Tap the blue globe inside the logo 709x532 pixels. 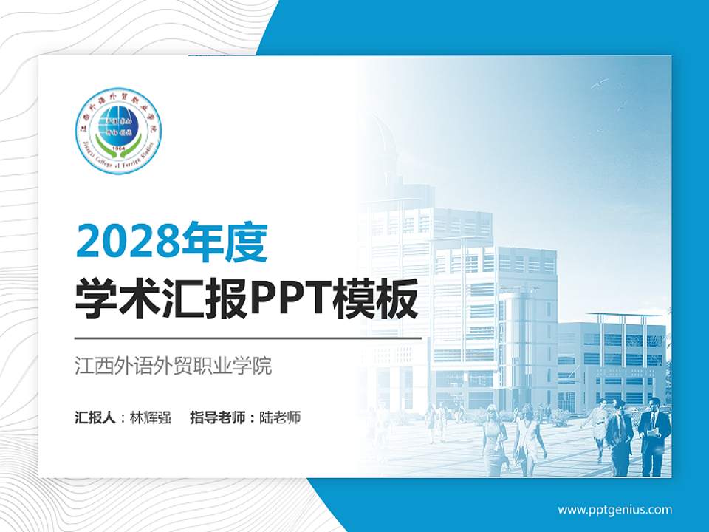(x=119, y=126)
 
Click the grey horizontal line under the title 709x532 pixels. (x=248, y=338)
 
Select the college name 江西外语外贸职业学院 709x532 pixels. (x=174, y=366)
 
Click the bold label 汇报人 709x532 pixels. (x=94, y=417)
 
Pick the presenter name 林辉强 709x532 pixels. (x=150, y=417)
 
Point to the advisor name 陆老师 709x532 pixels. (x=280, y=417)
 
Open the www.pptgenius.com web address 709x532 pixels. (x=614, y=510)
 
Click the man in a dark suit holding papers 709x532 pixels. (x=654, y=436)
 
